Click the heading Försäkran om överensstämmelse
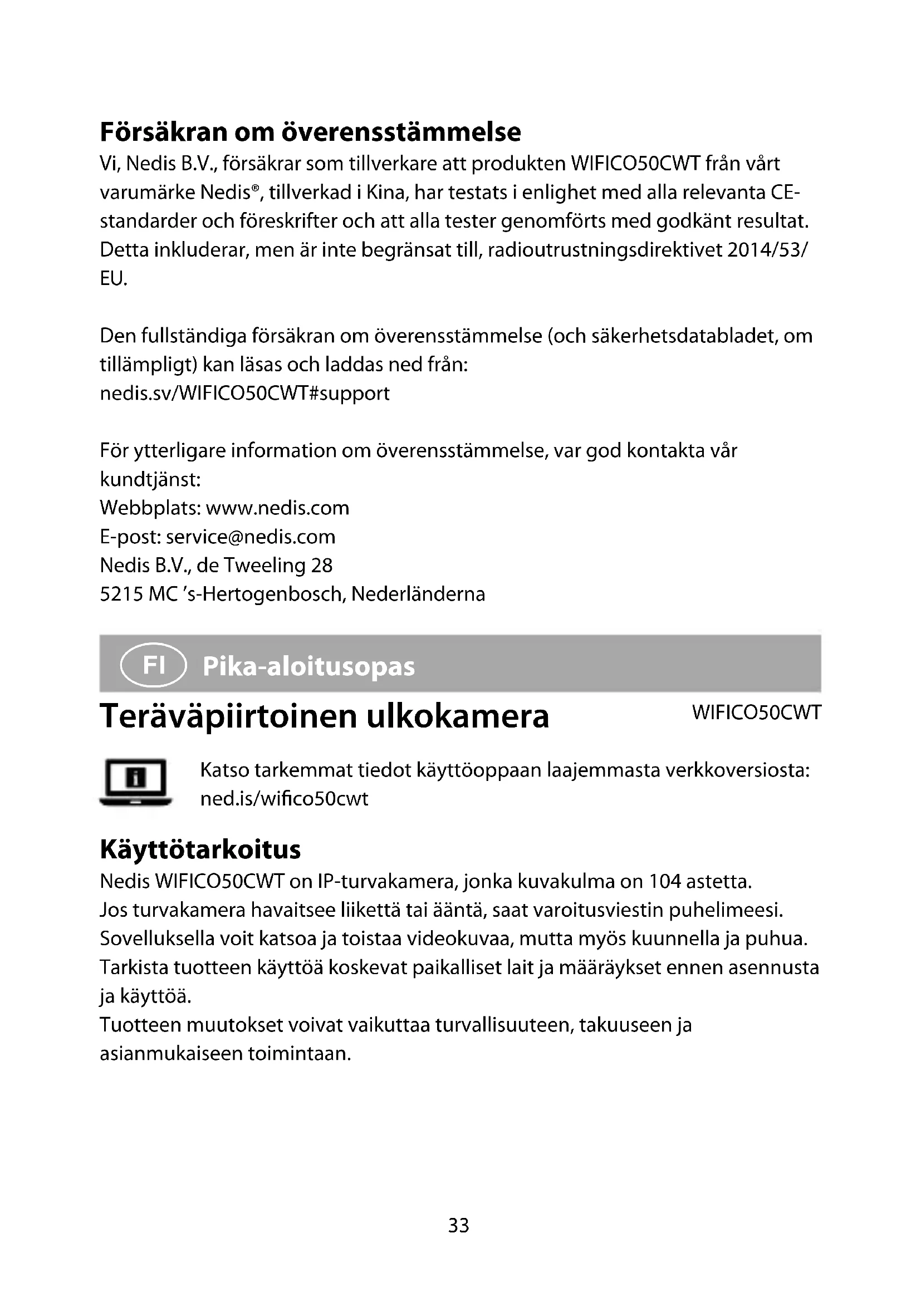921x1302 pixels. coord(310,132)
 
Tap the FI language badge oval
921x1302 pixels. coord(153,665)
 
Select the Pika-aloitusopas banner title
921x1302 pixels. coord(308,666)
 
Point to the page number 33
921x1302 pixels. coord(459,1225)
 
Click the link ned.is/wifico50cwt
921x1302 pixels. coord(284,799)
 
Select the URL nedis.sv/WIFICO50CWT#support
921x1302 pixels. coord(244,394)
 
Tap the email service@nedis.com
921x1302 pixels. coord(250,537)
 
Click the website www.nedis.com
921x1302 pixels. coord(277,508)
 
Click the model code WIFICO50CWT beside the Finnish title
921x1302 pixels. coord(757,713)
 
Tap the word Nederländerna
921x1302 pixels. coord(418,595)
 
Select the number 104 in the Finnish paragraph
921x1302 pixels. coord(665,882)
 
